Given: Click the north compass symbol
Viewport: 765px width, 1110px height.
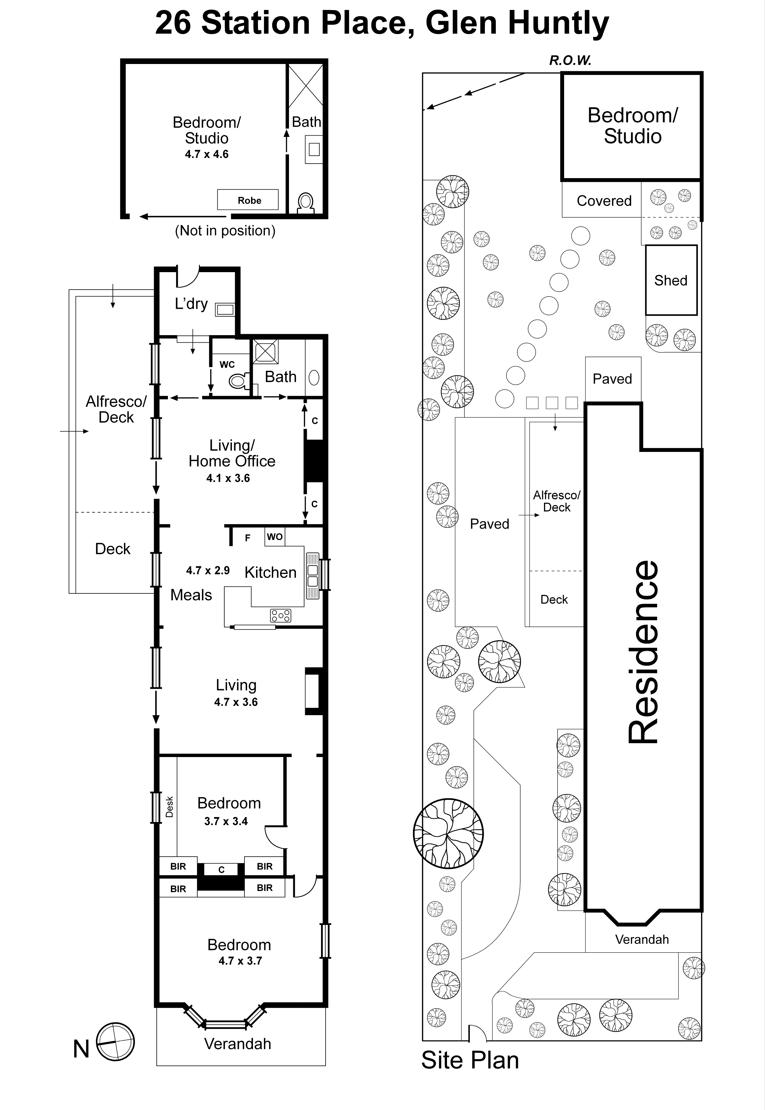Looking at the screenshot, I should pos(115,1042).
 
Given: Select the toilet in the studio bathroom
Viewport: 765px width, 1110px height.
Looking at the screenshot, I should pos(305,203).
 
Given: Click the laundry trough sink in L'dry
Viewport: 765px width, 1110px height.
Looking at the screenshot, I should pos(225,310).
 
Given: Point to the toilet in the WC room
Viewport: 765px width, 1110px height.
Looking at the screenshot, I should pos(238,381).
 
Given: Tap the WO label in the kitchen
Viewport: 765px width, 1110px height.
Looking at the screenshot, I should pos(275,536).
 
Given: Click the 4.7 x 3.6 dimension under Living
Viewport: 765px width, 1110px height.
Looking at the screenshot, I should pos(236,702).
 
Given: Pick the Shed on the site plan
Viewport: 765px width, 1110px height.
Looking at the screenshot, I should pos(671,280).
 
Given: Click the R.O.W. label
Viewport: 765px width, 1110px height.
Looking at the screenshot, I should pos(570,60).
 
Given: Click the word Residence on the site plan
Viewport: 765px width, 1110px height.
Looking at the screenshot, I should pos(644,652).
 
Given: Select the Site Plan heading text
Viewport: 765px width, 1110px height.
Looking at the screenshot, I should pos(470,1060).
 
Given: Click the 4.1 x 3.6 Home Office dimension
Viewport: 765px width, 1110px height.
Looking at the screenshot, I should pos(228,478).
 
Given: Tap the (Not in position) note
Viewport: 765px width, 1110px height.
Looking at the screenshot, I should pos(225,231).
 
